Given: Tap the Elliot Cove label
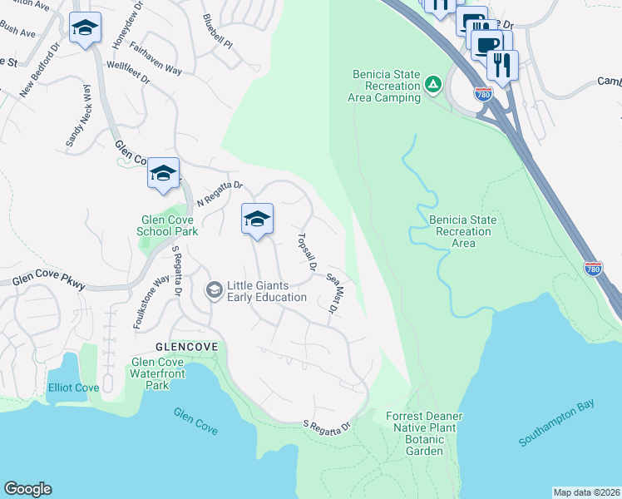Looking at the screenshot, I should coord(73,388).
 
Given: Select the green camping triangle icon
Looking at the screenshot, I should coord(432,84).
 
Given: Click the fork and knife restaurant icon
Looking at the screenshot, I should coord(502,65).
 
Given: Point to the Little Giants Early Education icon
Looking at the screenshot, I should coord(214,289).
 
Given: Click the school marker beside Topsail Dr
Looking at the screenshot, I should coord(257,220).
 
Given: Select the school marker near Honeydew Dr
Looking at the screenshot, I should coord(85,29).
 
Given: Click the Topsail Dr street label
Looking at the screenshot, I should coord(305,252).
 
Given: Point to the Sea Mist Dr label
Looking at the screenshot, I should coord(334,294).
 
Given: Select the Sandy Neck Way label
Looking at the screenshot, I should coord(80,117).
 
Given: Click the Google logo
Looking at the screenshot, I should coord(27,489).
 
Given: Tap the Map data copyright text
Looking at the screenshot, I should coord(585,492).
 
